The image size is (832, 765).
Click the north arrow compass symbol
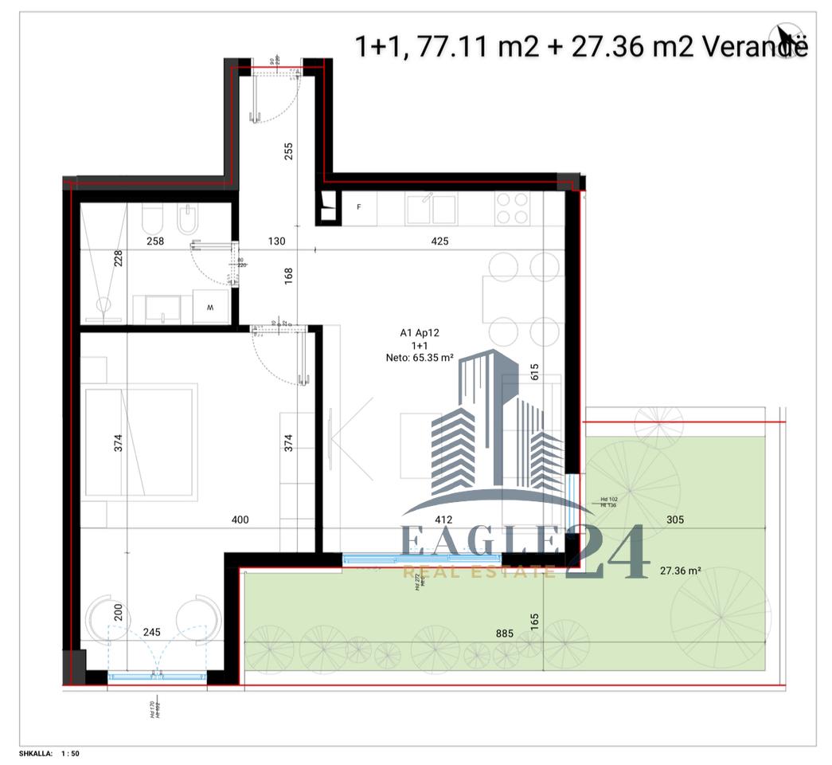(x=787, y=34)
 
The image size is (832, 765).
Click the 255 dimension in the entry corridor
(x=289, y=151)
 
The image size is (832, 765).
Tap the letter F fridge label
(x=359, y=207)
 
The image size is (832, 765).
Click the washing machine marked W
(x=211, y=305)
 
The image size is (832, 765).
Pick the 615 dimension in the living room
(x=534, y=372)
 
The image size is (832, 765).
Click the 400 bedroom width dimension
(x=240, y=520)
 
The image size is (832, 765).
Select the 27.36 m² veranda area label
(x=680, y=571)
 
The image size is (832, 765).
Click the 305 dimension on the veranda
(x=674, y=520)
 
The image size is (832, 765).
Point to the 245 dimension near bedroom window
(x=151, y=632)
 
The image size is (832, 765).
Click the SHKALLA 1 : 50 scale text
(x=49, y=753)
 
